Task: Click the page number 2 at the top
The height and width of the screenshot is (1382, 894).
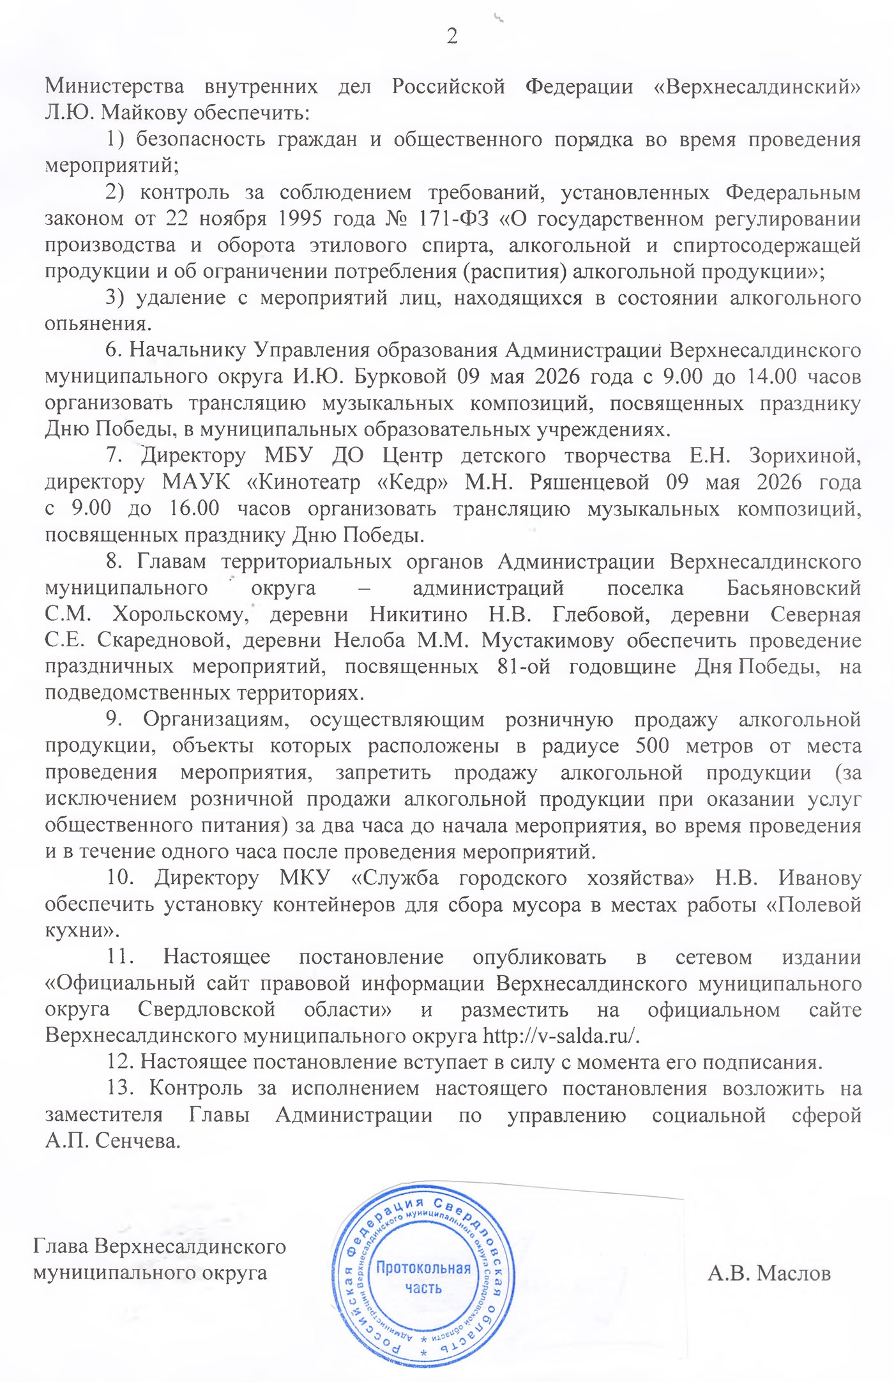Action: point(452,36)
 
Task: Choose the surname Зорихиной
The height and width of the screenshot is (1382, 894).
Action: point(805,455)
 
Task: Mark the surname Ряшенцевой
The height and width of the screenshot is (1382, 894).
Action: point(589,482)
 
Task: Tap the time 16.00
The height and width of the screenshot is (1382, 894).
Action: point(194,508)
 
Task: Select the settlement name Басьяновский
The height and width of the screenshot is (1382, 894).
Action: point(794,588)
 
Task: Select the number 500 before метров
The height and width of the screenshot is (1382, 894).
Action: point(652,746)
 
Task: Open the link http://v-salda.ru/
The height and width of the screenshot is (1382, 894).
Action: point(561,1035)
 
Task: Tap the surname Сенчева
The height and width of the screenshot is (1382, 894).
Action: point(138,1141)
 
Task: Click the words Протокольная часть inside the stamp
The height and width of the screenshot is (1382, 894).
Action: point(423,1278)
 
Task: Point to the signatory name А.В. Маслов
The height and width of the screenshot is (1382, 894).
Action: point(769,1273)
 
